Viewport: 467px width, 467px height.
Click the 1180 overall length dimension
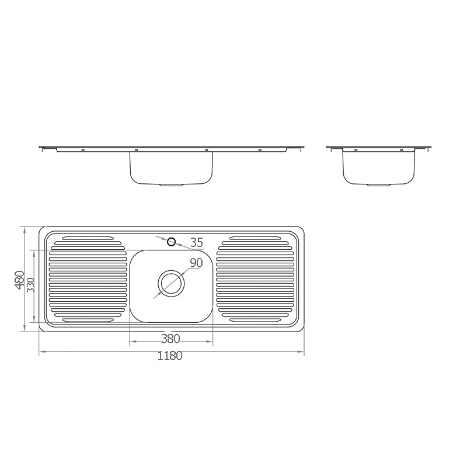170,356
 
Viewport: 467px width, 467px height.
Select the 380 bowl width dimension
170,339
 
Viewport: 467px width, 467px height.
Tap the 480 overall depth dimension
20,280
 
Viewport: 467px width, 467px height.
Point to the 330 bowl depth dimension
31,285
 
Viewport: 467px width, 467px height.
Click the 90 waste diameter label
196,263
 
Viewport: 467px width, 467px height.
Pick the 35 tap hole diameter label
197,242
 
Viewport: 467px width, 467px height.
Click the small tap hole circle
172,242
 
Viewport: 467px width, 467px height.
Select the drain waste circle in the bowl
171,283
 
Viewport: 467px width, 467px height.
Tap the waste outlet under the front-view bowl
171,185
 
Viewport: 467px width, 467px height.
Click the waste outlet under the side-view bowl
378,185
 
